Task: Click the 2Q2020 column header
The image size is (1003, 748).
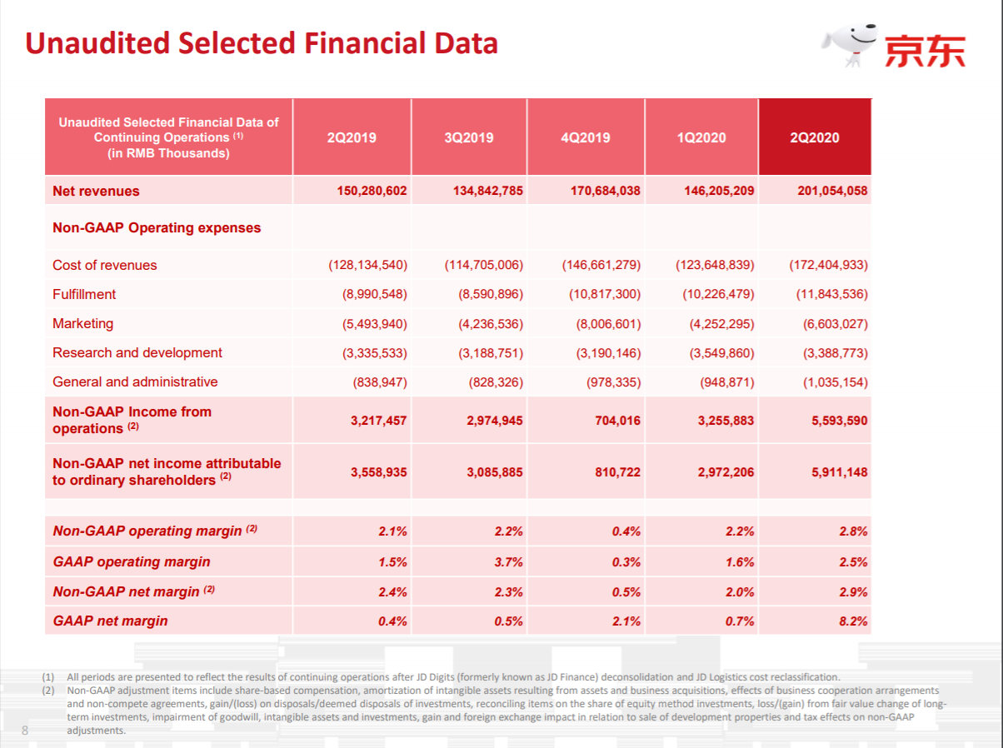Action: pos(814,137)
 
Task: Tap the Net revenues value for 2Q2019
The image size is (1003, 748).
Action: pos(372,191)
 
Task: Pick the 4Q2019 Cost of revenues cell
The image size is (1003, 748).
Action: pos(601,265)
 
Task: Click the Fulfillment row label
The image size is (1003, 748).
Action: pos(84,294)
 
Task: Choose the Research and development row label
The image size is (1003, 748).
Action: pos(137,352)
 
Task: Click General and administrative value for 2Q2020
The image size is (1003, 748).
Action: pos(836,382)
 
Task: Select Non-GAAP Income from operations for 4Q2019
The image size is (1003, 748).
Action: pos(617,421)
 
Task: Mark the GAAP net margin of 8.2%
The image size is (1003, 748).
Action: pos(852,621)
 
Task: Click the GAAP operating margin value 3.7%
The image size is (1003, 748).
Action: pos(508,562)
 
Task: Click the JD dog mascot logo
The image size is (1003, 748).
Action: pos(851,45)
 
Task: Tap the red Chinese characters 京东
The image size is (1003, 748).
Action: pos(925,50)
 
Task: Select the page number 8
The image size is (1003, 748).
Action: pos(25,731)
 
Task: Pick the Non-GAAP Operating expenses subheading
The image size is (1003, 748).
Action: pos(157,227)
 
